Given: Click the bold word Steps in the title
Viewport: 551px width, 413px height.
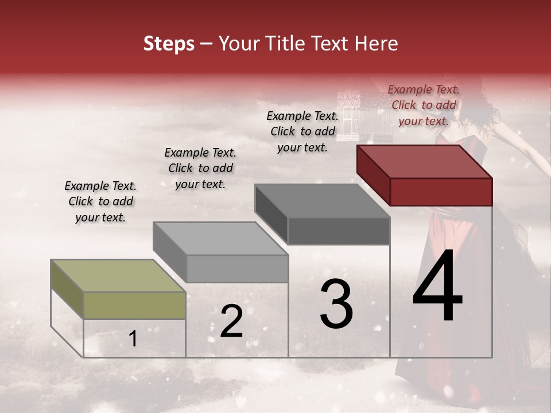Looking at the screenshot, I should tap(169, 44).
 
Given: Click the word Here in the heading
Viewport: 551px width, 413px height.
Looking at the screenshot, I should tap(377, 44).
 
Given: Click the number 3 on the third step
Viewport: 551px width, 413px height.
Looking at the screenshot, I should tap(336, 304).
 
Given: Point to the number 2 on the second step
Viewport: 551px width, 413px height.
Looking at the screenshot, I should tap(231, 322).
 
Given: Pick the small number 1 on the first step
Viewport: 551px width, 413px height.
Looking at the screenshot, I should tap(133, 339).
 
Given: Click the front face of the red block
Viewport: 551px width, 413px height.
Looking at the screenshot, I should tap(441, 192).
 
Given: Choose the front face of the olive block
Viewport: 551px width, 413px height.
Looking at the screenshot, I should tap(134, 305).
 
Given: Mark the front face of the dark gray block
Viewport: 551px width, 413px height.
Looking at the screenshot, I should tap(339, 231).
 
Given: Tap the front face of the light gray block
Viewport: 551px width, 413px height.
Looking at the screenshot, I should tap(236, 268).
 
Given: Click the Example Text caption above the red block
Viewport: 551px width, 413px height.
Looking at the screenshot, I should tap(424, 105).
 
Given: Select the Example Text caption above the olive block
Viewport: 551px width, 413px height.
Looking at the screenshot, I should tap(100, 201).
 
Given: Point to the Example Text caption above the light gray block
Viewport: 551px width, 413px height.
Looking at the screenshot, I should tap(200, 168).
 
